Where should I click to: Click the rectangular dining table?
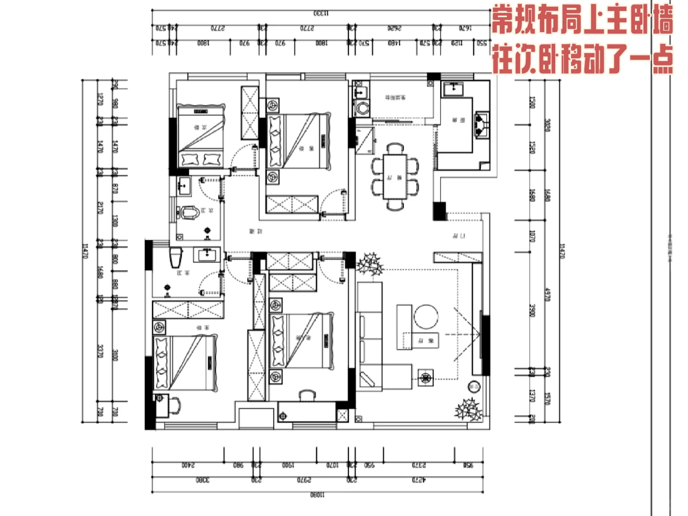(395, 176)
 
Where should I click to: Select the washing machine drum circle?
(363, 108)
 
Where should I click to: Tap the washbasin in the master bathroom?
(207, 255)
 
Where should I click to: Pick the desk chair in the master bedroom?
(175, 405)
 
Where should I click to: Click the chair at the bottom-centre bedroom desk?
(307, 395)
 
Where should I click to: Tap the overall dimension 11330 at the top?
(321, 13)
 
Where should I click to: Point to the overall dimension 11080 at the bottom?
(317, 495)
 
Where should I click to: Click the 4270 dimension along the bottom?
(418, 480)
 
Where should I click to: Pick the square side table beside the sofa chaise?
(426, 377)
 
